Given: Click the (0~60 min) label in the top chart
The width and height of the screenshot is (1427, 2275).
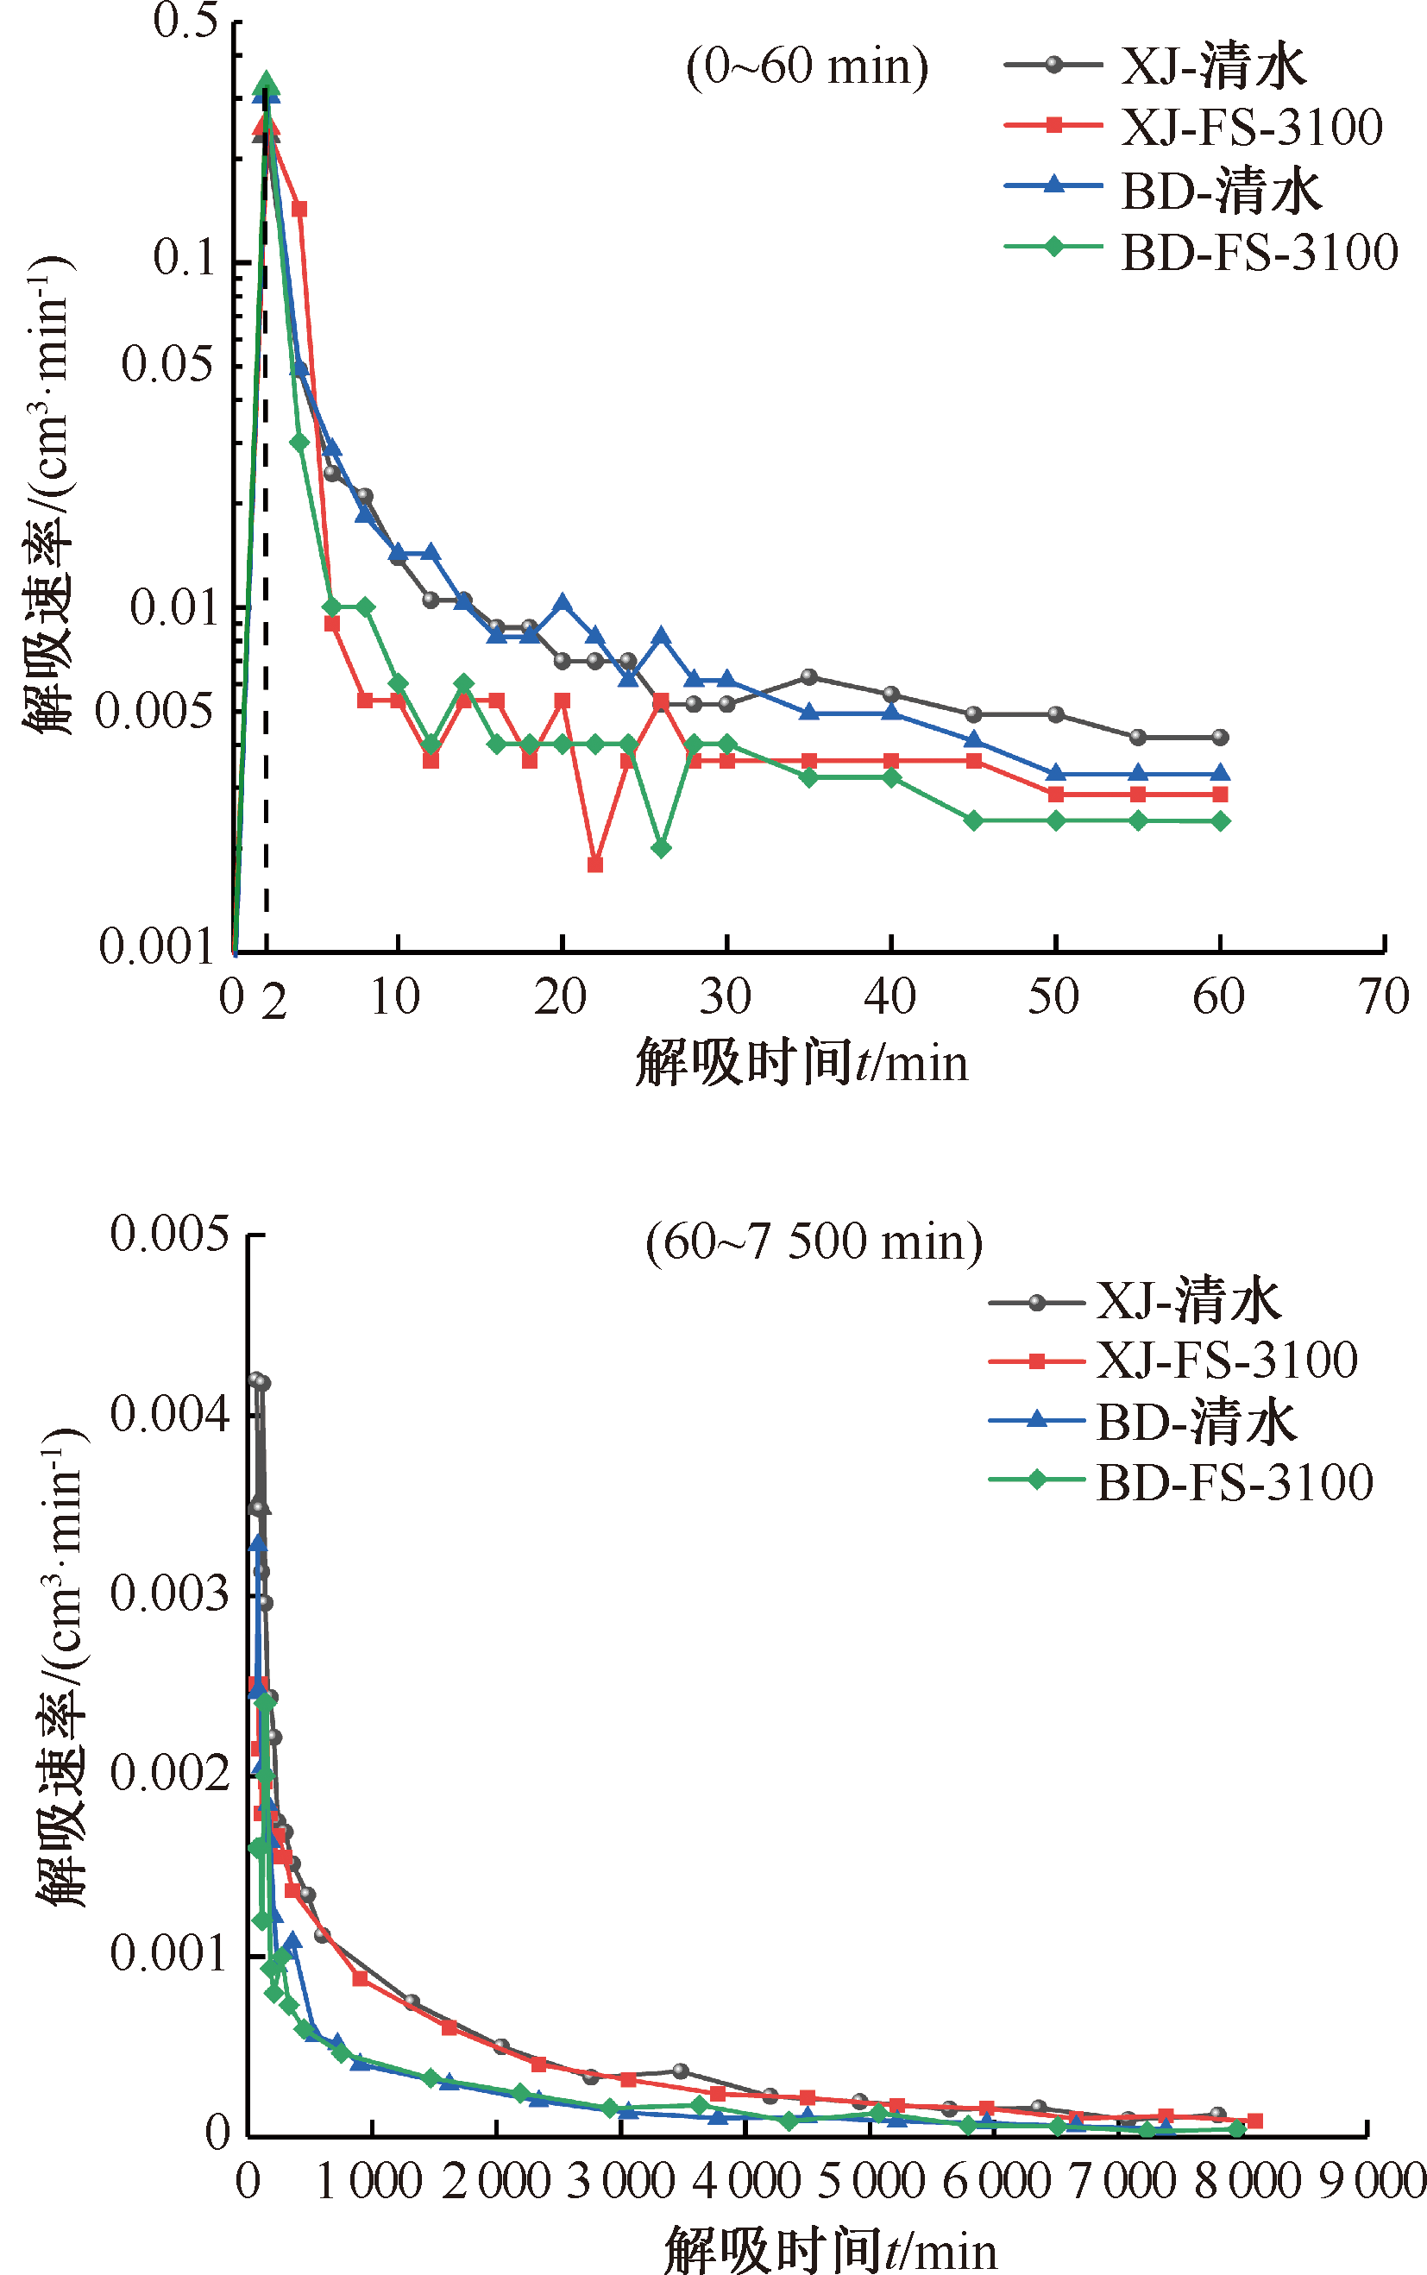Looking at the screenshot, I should (x=807, y=67).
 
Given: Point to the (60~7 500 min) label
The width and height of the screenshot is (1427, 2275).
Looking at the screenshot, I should (x=814, y=1241).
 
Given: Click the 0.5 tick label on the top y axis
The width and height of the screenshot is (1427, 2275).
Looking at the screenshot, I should (x=186, y=21).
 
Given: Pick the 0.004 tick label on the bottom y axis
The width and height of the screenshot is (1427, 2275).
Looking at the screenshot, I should (x=170, y=1413).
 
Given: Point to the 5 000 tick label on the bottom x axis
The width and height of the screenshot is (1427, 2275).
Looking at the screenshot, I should (x=871, y=2181).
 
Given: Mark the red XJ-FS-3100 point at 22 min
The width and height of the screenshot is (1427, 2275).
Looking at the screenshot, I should (x=595, y=864).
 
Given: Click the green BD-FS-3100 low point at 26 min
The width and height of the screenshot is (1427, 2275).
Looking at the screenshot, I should (x=662, y=848).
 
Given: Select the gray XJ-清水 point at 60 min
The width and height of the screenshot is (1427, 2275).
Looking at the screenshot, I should (x=1220, y=737).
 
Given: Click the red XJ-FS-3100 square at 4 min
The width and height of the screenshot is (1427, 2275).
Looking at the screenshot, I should (x=299, y=209).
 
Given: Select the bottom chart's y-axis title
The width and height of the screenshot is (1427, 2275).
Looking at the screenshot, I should (x=62, y=1670).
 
